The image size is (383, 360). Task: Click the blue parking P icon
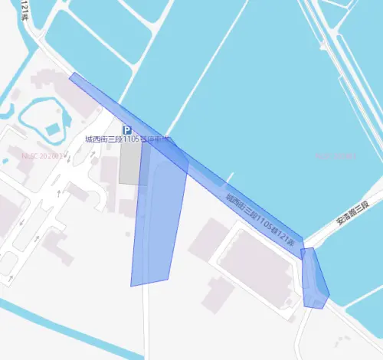[128, 130]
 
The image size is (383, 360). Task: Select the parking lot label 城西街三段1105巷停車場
[127, 140]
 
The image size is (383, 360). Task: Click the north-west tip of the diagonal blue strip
[71, 75]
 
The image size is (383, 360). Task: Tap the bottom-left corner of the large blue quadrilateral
[131, 286]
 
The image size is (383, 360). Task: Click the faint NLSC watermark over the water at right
[336, 156]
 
